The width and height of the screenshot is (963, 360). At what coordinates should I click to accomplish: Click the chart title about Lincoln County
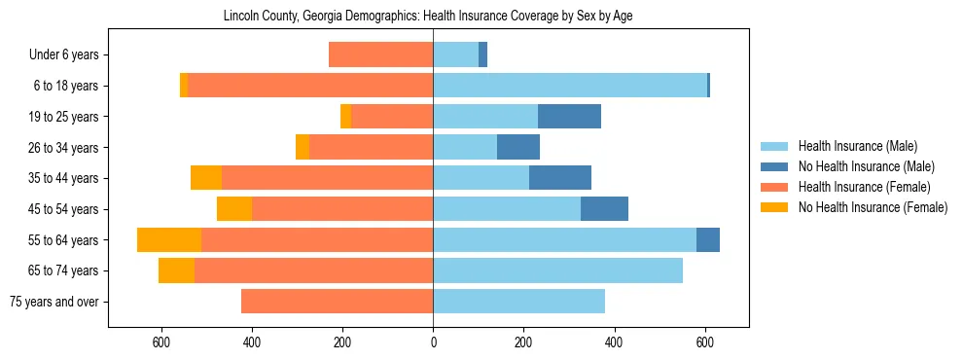pos(428,17)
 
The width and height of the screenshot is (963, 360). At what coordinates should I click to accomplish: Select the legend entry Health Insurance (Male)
pos(857,146)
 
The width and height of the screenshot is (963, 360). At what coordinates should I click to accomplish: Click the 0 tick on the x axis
pos(433,342)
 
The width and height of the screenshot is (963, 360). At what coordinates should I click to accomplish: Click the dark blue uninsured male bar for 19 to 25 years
pos(569,117)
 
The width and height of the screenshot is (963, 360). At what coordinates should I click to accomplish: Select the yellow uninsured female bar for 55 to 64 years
pos(169,240)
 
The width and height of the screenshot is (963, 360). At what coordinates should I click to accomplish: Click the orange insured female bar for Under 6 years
pos(380,55)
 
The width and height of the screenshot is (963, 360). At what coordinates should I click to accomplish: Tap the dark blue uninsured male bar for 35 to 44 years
pos(560,178)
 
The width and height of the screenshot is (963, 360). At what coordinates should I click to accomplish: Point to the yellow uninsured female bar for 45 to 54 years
pos(234,209)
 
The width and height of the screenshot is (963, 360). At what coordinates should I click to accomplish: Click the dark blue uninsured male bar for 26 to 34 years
pos(518,148)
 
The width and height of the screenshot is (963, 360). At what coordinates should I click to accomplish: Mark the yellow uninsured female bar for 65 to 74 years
pos(176,270)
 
